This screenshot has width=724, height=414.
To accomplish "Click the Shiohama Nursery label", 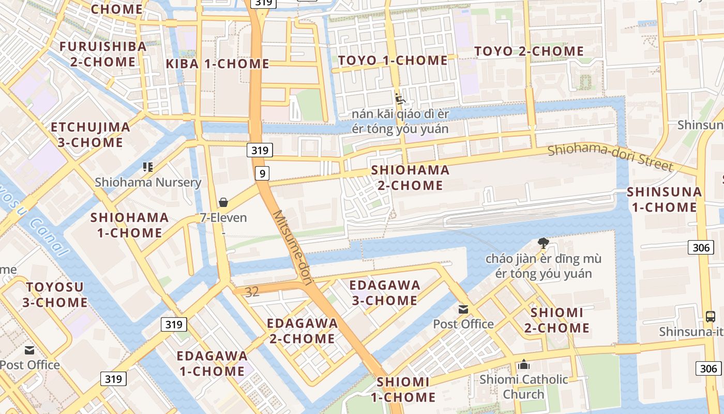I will tap(148, 182).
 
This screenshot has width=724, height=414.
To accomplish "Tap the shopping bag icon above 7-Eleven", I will tap(223, 202).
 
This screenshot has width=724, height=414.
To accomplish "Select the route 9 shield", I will tap(262, 173).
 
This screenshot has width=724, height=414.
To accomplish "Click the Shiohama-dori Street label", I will tap(610, 157).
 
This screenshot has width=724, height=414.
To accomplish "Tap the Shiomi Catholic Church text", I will tap(523, 387).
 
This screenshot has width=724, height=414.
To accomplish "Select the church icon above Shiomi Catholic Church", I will tap(524, 365).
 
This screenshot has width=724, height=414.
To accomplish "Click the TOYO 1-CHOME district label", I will tap(393, 61).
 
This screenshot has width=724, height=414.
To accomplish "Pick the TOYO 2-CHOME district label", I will tap(529, 51).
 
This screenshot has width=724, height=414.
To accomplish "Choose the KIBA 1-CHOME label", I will tap(217, 64).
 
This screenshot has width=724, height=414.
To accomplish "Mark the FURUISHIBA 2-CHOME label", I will tap(103, 54).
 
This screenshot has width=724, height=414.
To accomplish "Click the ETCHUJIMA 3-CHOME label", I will tap(90, 135).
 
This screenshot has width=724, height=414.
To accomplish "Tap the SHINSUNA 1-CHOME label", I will tap(665, 199).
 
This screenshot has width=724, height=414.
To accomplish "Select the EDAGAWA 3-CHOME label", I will tap(385, 292).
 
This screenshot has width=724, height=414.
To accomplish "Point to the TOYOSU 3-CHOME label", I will tap(55, 294).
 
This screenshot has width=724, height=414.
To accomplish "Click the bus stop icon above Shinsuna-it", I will tap(711, 316).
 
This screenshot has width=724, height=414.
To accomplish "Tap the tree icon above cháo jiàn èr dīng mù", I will tap(543, 243).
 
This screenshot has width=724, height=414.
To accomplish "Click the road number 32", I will tap(252, 292).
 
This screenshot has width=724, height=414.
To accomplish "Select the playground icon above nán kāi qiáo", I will tap(400, 98).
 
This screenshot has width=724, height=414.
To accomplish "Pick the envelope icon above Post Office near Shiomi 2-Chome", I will tap(463, 309).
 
